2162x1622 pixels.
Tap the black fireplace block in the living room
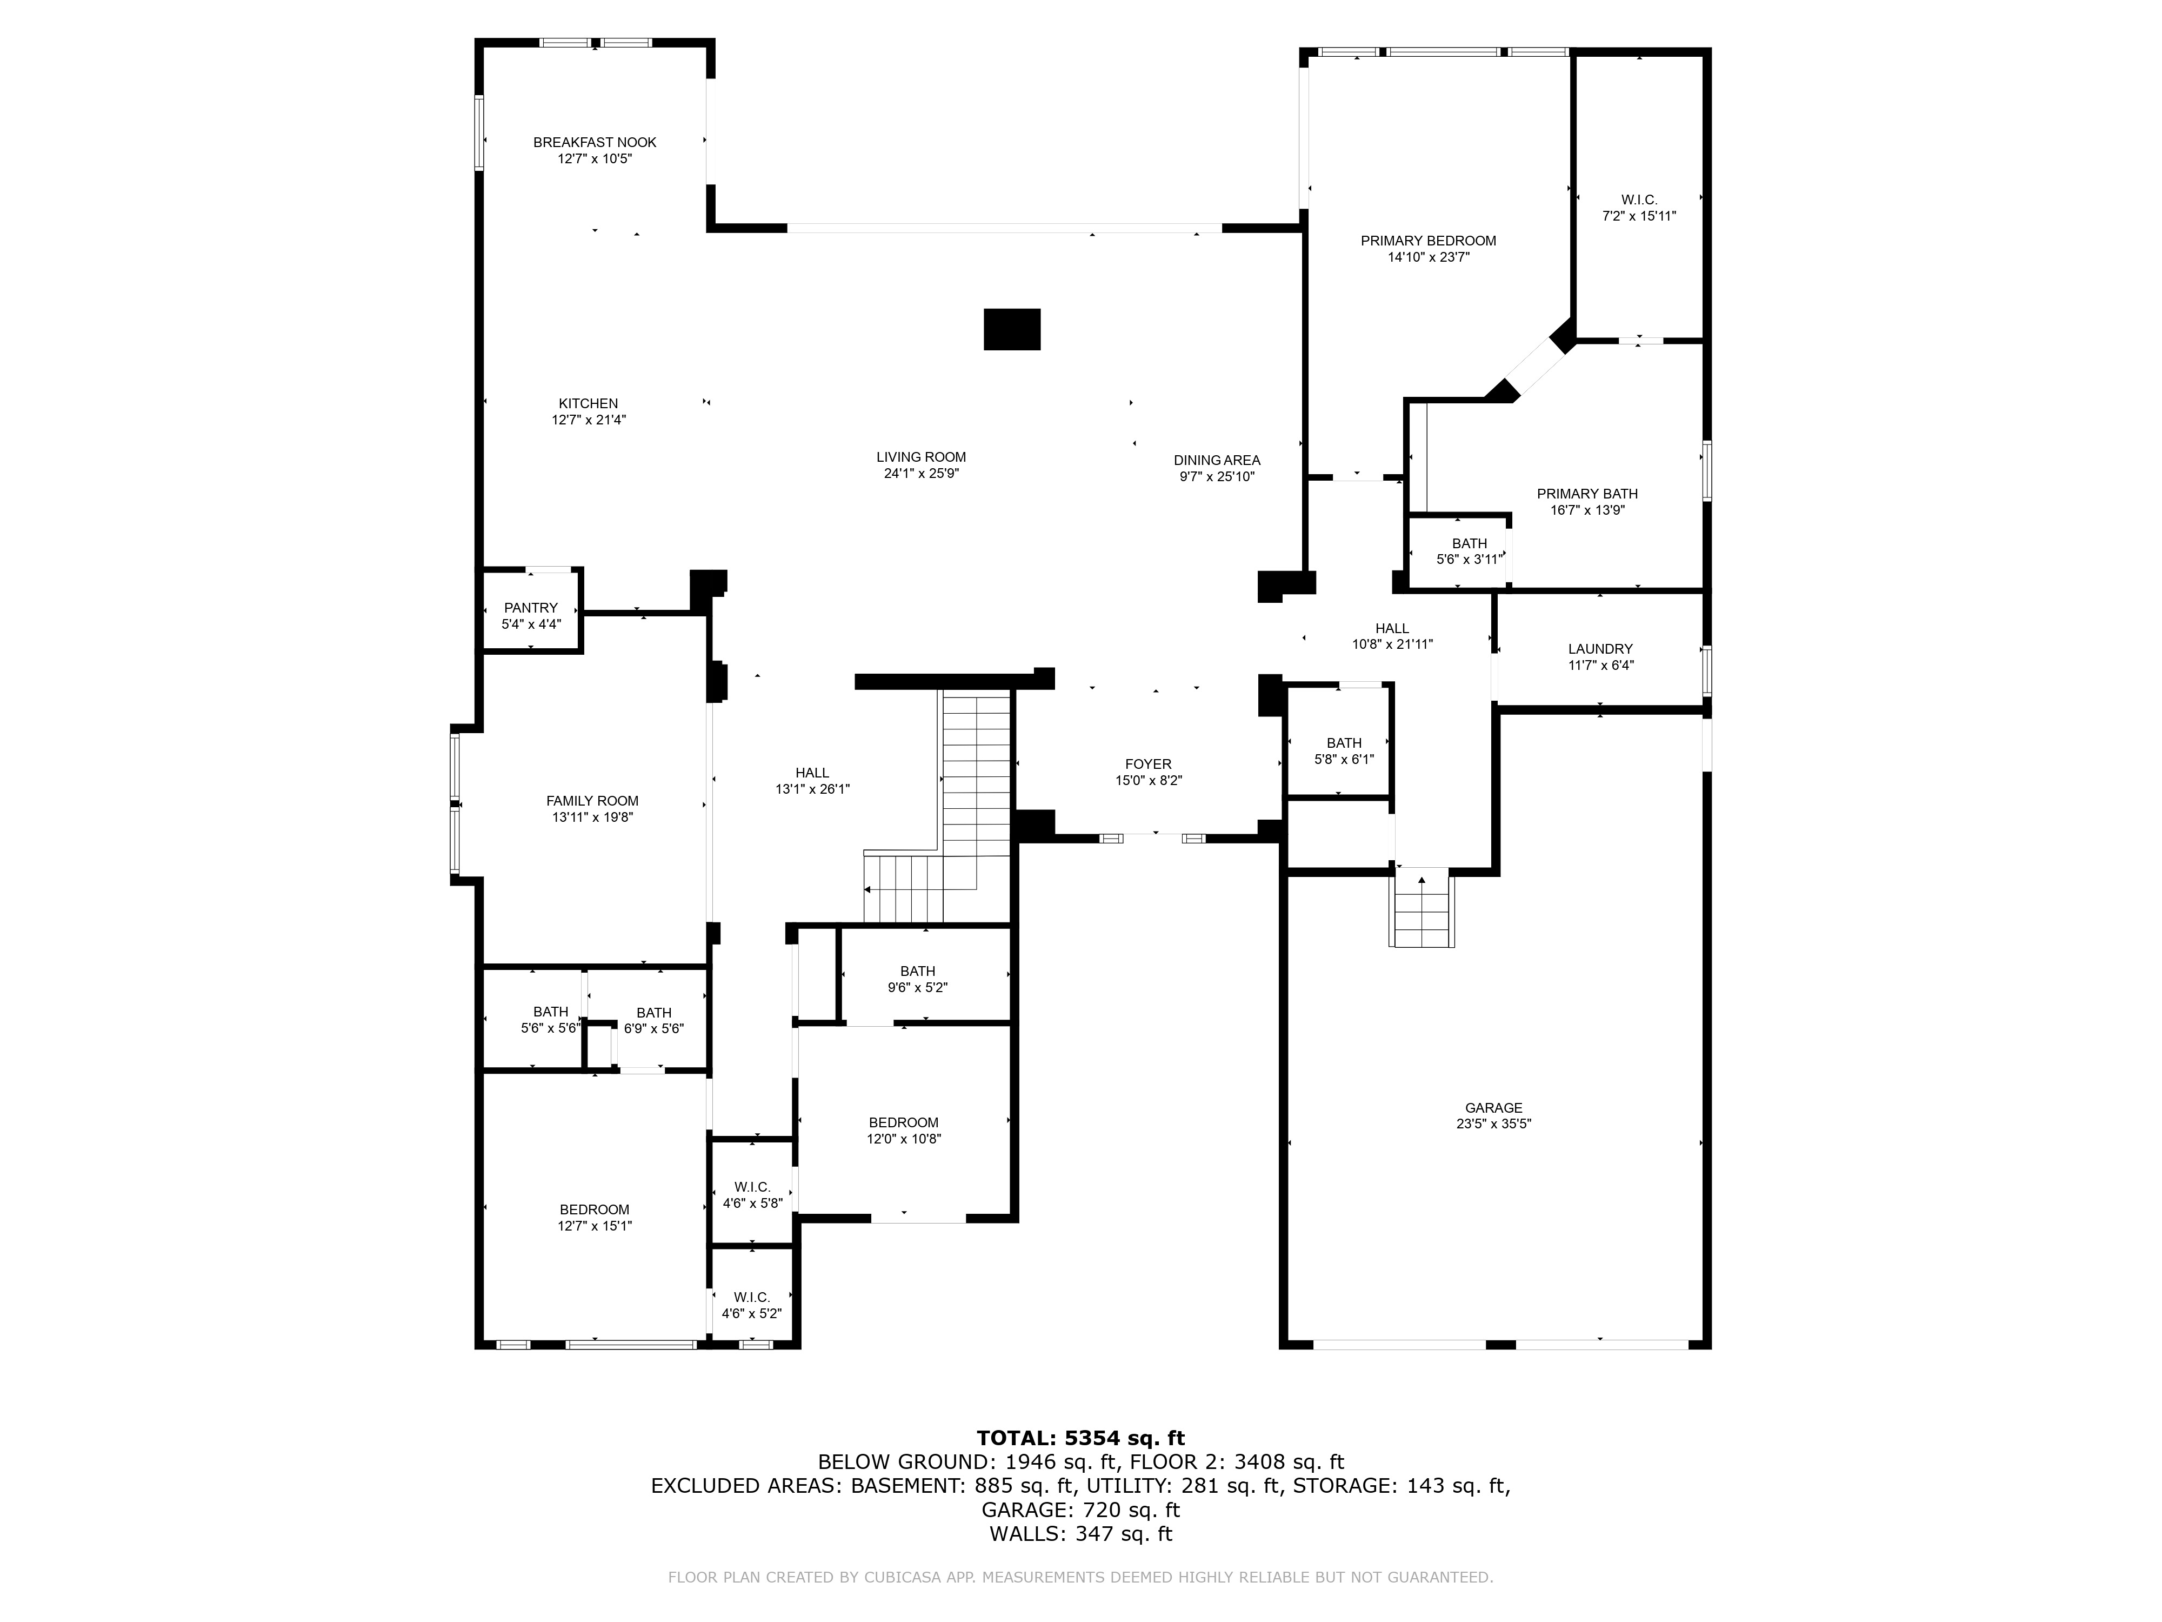tap(1012, 329)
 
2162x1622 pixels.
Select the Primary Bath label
tap(1587, 494)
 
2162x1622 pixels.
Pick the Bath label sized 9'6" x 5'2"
tap(918, 972)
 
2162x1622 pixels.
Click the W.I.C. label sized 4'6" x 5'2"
tap(752, 1298)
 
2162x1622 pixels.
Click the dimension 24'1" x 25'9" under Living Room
tap(920, 473)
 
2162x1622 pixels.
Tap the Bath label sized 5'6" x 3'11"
tap(1469, 543)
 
